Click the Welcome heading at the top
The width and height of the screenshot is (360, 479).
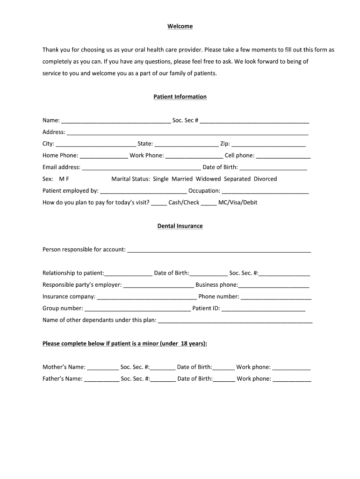(180, 26)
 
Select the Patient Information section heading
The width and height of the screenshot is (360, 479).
(180, 97)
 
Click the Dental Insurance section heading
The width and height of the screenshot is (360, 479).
(180, 226)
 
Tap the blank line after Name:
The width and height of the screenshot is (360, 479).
(116, 121)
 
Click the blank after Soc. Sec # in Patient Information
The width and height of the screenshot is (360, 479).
(254, 121)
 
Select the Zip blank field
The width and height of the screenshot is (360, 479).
(268, 144)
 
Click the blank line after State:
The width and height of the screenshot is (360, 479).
(187, 144)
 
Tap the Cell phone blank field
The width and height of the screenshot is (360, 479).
(283, 156)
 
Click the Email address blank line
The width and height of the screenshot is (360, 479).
(141, 167)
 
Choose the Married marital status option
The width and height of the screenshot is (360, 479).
(182, 179)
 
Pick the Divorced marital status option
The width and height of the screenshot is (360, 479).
(265, 179)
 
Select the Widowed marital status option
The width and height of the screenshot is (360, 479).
(208, 179)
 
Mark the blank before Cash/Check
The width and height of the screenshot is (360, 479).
(159, 203)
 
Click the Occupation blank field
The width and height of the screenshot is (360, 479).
(265, 191)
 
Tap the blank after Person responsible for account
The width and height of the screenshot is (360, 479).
(219, 250)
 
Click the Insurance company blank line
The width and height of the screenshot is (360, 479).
(147, 297)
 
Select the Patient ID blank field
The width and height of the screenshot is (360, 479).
(263, 309)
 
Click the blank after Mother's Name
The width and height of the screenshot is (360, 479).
(103, 368)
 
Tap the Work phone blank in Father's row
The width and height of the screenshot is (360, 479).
(292, 379)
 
